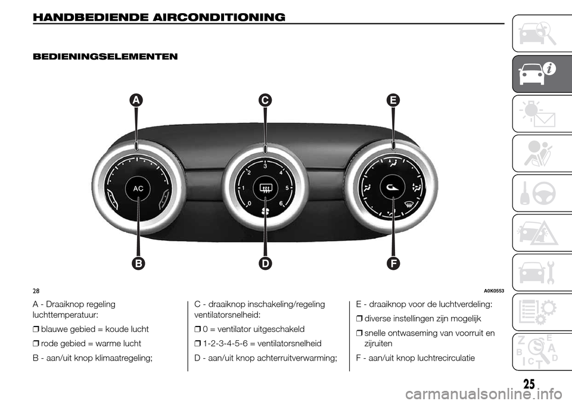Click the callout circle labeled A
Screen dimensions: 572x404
pyautogui.click(x=136, y=100)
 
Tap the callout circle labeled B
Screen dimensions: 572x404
pyautogui.click(x=138, y=263)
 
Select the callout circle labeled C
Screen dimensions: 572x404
pyautogui.click(x=265, y=100)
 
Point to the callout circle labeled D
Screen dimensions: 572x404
pyautogui.click(x=265, y=263)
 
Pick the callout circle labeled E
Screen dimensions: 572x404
pyautogui.click(x=393, y=100)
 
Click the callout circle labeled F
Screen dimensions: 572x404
pyautogui.click(x=393, y=263)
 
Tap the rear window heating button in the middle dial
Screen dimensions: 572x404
pyautogui.click(x=265, y=188)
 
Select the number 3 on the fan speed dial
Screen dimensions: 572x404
pyautogui.click(x=265, y=166)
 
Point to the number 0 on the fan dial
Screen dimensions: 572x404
pyautogui.click(x=249, y=203)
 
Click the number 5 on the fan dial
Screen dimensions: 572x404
pyautogui.click(x=287, y=188)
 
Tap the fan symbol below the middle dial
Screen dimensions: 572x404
pyautogui.click(x=265, y=211)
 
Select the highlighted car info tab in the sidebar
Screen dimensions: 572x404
pyautogui.click(x=542, y=74)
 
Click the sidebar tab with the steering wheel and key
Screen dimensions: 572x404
pyautogui.click(x=542, y=193)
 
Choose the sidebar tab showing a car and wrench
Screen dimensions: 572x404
pyautogui.click(x=542, y=273)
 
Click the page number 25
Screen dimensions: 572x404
pyautogui.click(x=529, y=384)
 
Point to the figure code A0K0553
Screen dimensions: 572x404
pyautogui.click(x=494, y=291)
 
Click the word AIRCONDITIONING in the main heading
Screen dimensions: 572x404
pyautogui.click(x=219, y=17)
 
